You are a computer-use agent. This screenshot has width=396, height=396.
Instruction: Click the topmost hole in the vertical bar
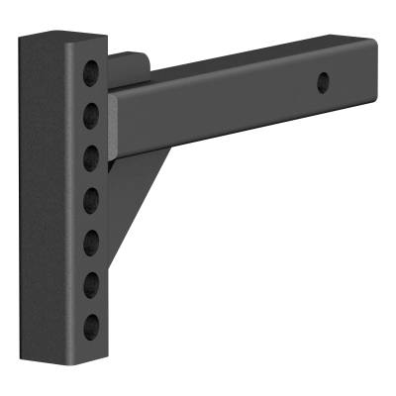point(91,71)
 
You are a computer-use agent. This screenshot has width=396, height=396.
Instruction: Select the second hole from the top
point(91,109)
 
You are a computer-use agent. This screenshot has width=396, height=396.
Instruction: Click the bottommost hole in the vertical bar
point(91,326)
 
